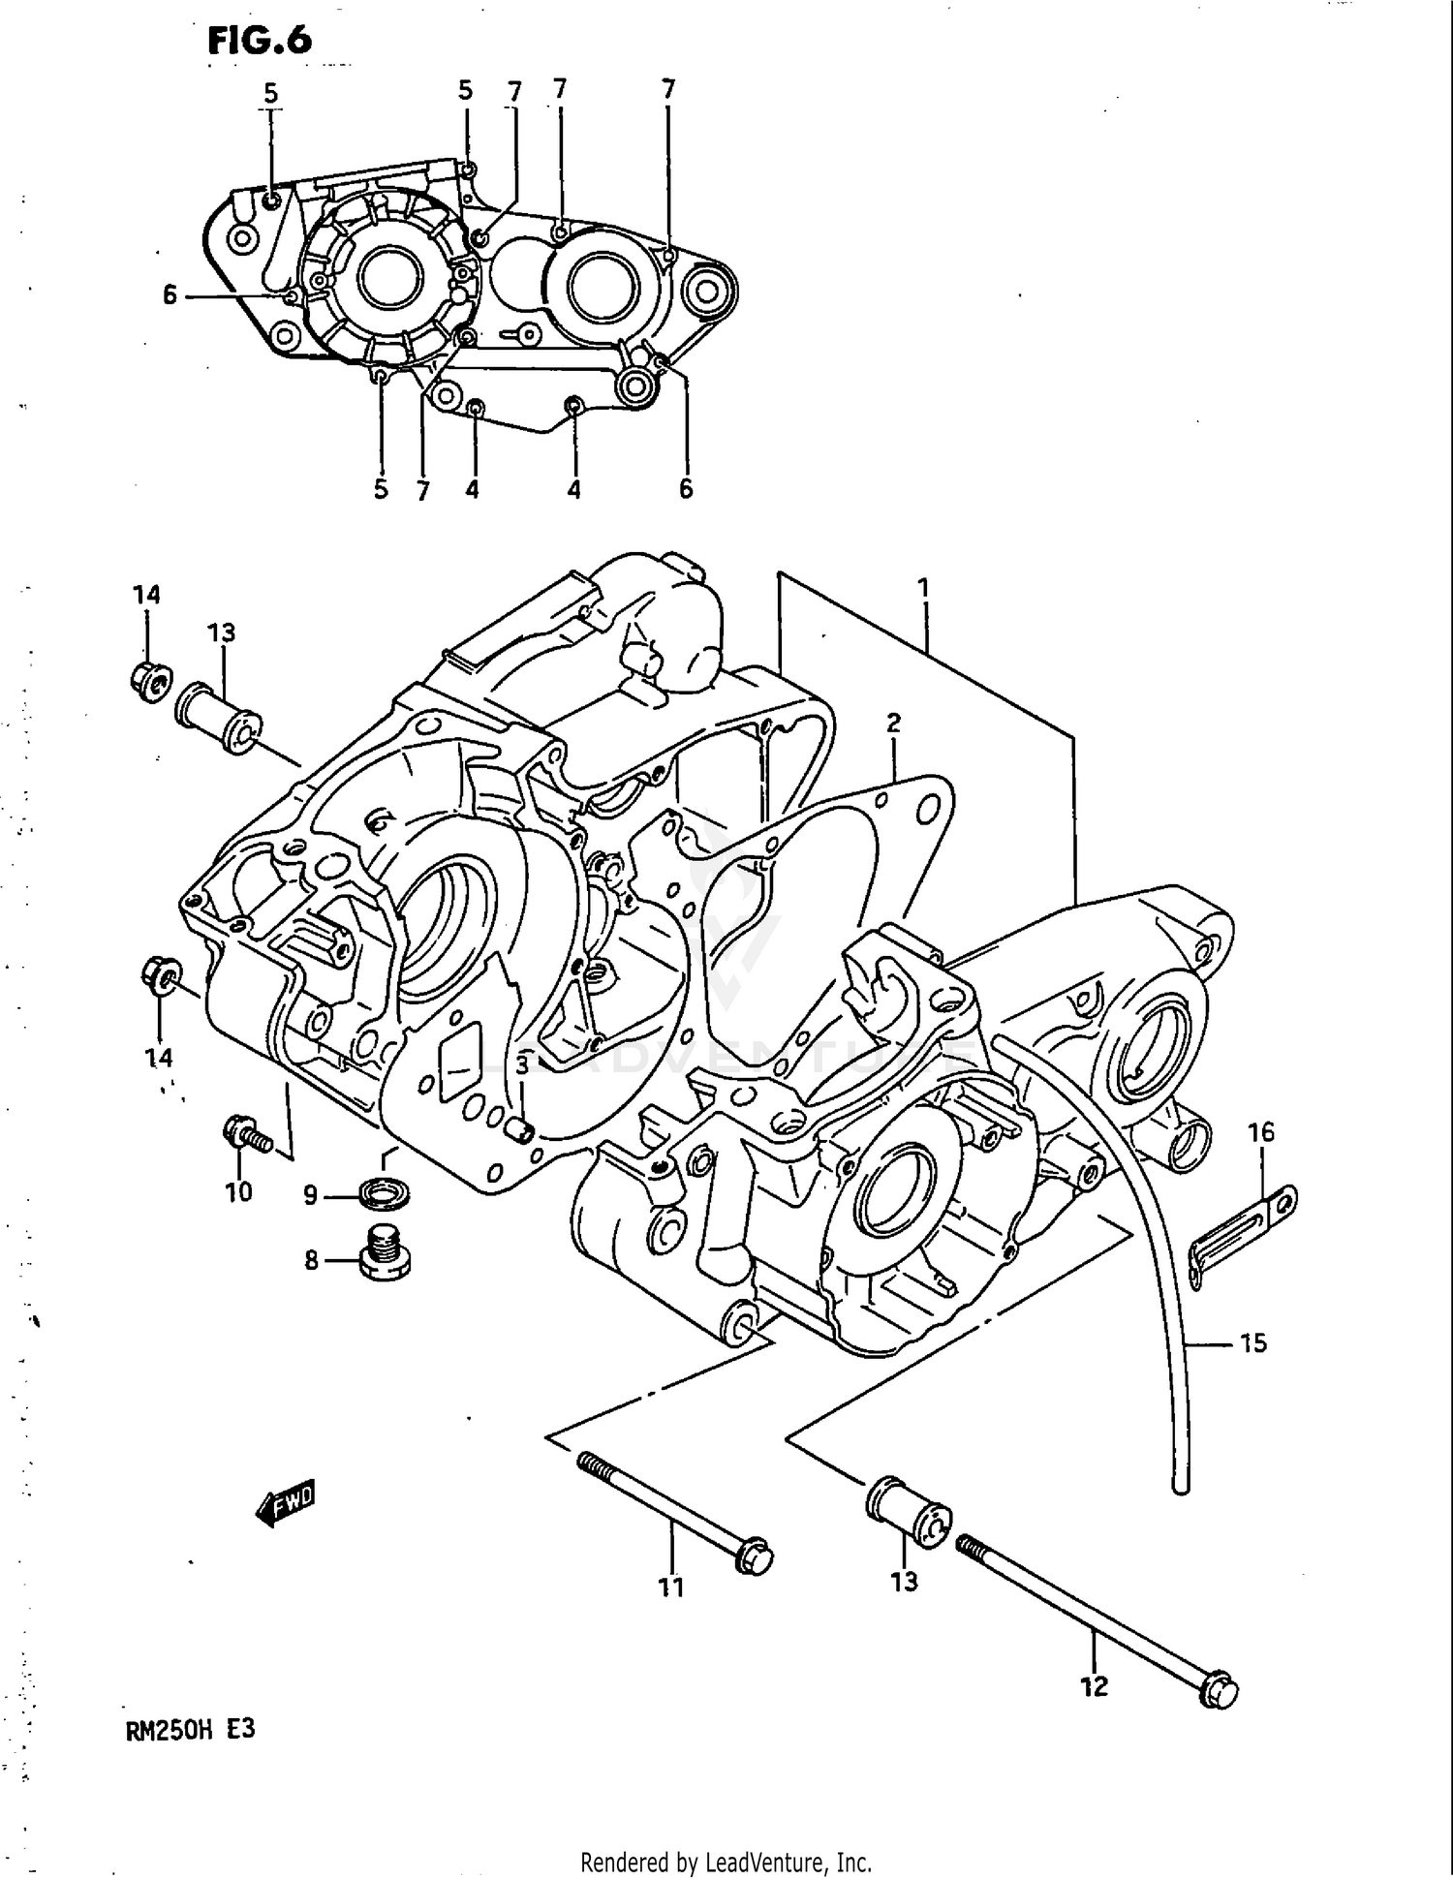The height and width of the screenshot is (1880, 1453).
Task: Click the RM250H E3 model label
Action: click(190, 1729)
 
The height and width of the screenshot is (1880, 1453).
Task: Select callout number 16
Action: click(1260, 1131)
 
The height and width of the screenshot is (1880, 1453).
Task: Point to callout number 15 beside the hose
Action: click(1253, 1342)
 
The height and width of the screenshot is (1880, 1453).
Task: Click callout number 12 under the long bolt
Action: click(1094, 1686)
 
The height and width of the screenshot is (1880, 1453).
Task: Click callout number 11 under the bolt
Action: click(671, 1587)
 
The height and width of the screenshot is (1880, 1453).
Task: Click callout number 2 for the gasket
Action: click(893, 723)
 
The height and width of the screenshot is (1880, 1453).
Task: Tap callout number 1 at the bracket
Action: click(923, 587)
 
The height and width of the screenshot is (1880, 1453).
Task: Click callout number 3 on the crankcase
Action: click(521, 1065)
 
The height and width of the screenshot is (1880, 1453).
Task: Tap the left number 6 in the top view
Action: click(170, 294)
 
